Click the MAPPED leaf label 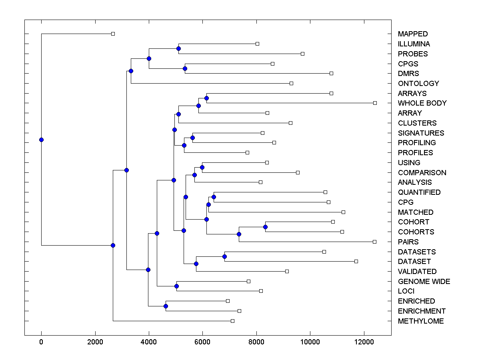coord(413,34)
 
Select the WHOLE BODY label coord(422,103)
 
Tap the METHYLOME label coord(421,321)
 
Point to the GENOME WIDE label coord(424,282)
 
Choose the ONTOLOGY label coord(418,84)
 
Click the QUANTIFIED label coord(419,192)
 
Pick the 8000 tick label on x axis coord(256,342)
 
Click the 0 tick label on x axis coord(41,342)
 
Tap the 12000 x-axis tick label coord(364,342)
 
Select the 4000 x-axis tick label coord(149,342)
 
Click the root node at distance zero coord(41,140)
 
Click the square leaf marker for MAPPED coord(113,34)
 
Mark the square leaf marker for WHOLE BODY coord(375,103)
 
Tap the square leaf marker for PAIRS coord(374,242)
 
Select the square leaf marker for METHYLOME coord(232,321)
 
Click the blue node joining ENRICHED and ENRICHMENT coord(166,306)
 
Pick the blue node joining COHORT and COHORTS coord(265,227)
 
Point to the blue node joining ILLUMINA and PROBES coord(178,48)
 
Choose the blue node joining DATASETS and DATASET coord(225,256)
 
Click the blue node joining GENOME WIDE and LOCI coord(176,286)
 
